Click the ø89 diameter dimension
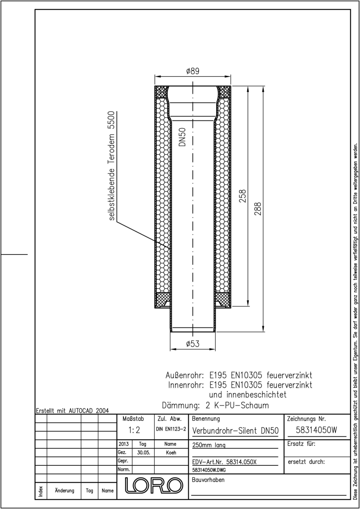(x=193, y=71)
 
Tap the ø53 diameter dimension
(x=193, y=344)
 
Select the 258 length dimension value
(x=243, y=196)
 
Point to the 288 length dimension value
(x=258, y=209)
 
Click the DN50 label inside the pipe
(x=182, y=137)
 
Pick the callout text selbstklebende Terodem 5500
(x=112, y=166)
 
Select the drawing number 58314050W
(x=316, y=430)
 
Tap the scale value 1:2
(x=134, y=430)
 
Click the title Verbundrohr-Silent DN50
(x=235, y=431)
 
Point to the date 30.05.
(x=144, y=453)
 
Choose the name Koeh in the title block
(x=171, y=453)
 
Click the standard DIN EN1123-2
(x=171, y=429)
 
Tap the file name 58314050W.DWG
(x=209, y=470)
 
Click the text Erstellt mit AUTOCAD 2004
(x=73, y=411)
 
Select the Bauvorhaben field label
(x=208, y=480)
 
